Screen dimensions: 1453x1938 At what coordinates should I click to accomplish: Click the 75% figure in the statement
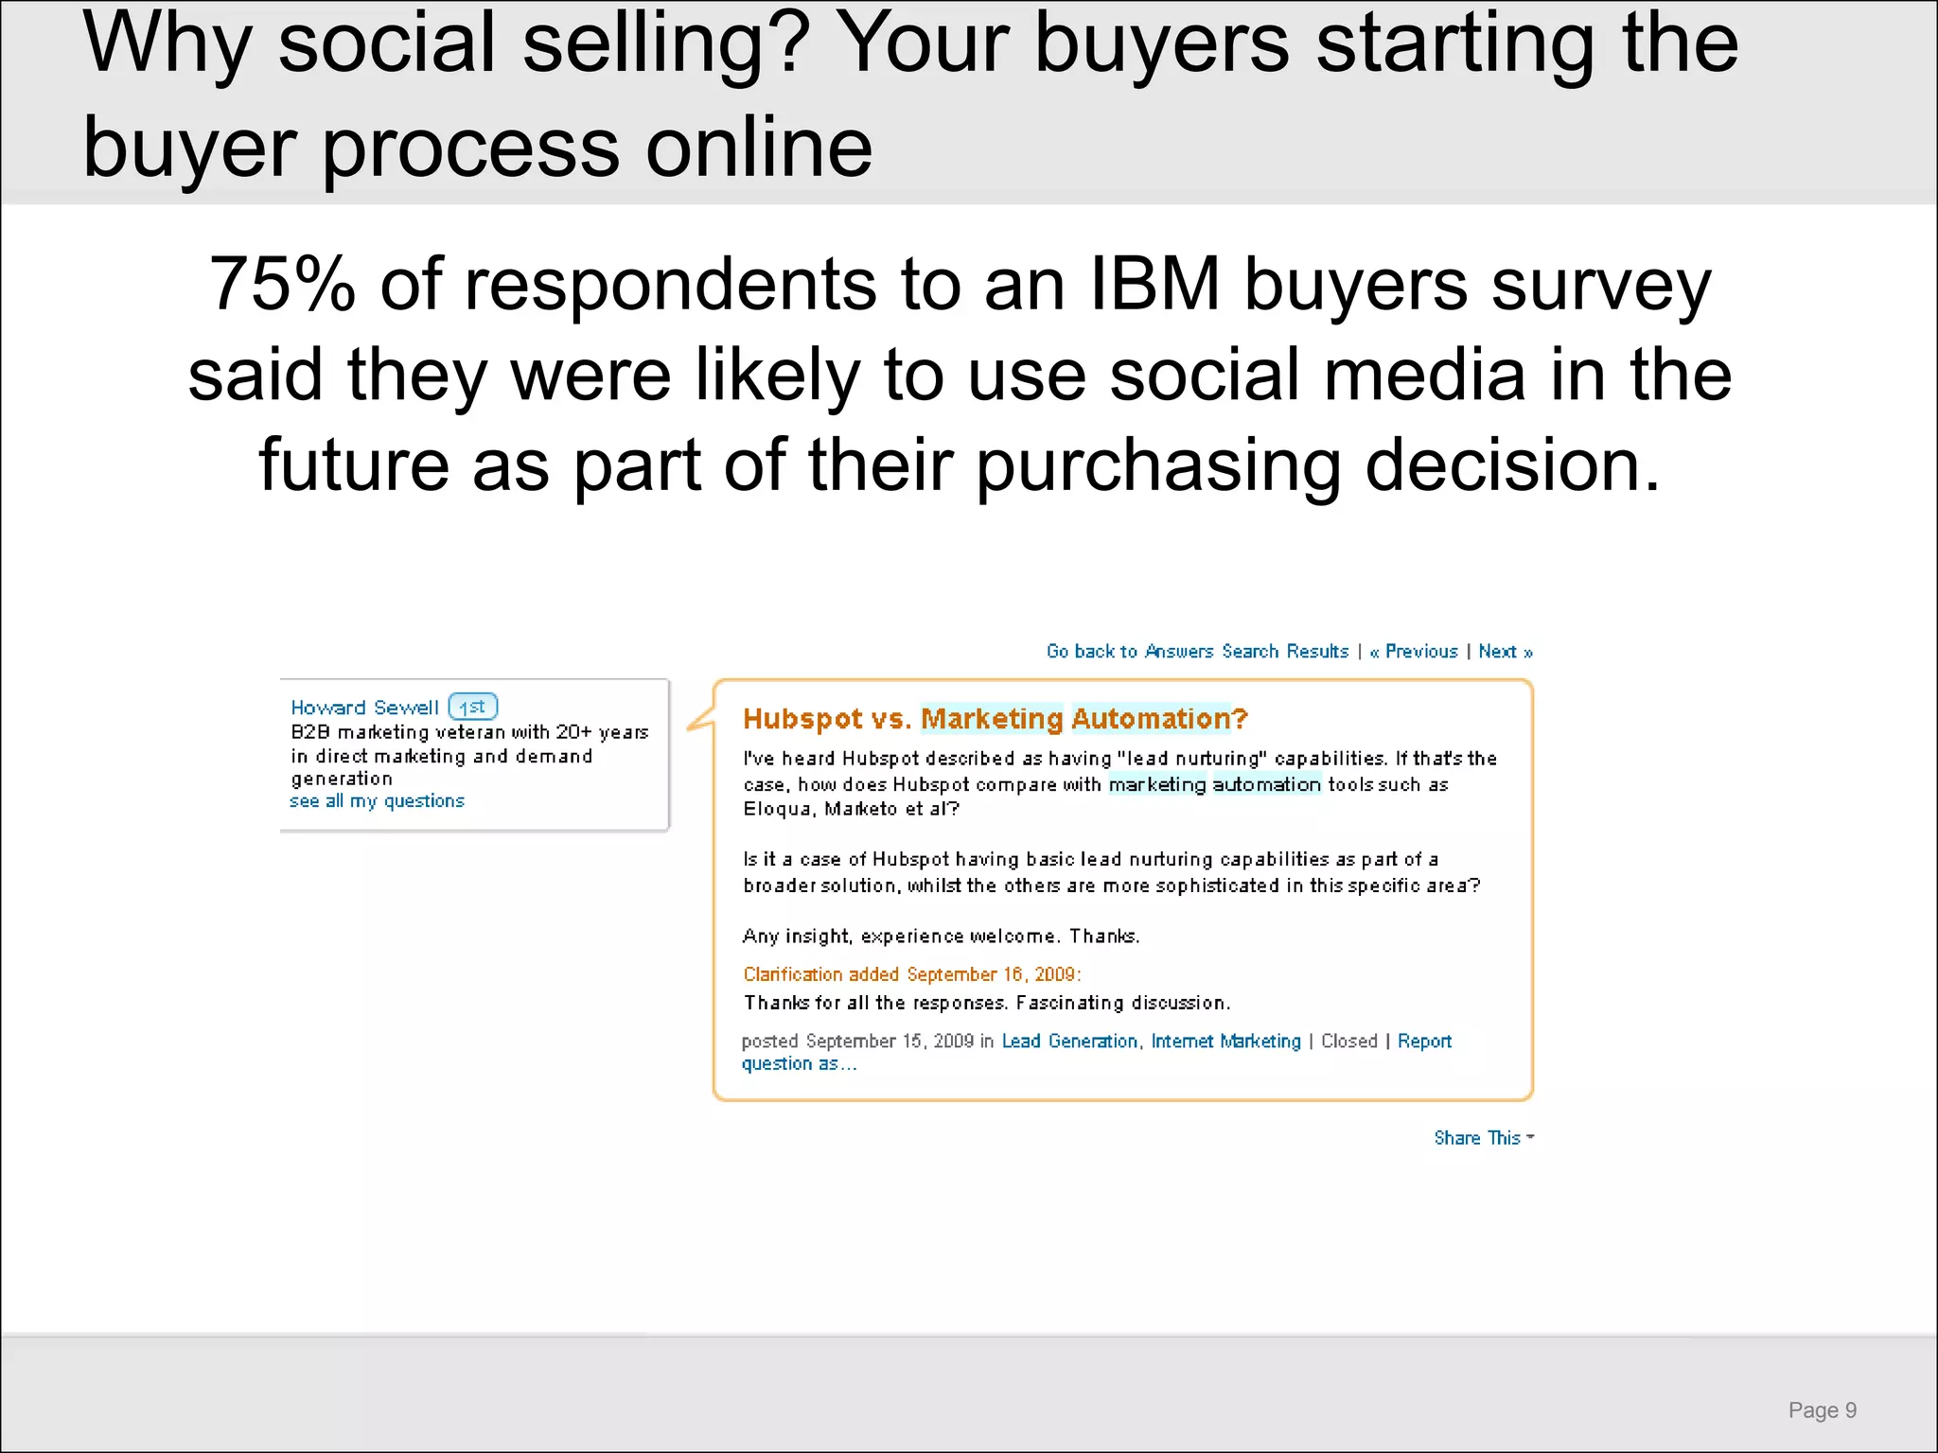point(282,284)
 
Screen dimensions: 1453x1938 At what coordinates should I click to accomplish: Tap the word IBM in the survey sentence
point(1154,284)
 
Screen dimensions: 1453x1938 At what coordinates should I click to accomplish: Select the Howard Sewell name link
point(364,708)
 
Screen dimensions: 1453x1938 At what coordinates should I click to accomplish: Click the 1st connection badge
point(472,707)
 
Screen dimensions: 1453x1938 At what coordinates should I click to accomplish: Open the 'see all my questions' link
point(377,801)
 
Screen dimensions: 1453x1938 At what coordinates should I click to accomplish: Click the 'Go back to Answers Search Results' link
point(1197,651)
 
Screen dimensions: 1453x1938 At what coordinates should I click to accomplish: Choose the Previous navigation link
point(1414,651)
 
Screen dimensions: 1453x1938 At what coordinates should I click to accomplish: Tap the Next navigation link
point(1505,651)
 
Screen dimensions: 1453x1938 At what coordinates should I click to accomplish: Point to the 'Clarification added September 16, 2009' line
point(911,974)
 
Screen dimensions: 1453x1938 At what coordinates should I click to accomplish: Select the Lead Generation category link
point(1069,1041)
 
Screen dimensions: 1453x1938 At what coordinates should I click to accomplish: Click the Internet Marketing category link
point(1225,1041)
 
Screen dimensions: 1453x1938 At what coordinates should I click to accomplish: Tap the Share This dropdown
point(1483,1138)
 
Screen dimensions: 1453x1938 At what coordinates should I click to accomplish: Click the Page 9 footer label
point(1822,1410)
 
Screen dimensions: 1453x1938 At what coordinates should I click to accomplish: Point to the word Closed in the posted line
point(1348,1041)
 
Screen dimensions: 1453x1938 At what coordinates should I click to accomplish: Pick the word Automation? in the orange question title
point(1160,719)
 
